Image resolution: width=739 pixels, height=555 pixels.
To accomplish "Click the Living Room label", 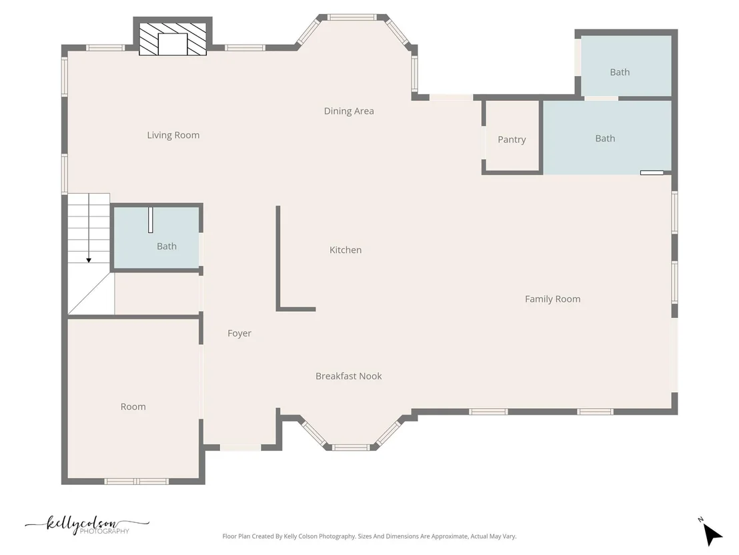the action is click(x=173, y=135).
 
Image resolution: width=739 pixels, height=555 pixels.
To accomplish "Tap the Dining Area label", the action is click(x=349, y=111).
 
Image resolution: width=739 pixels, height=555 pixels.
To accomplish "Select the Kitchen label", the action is click(x=345, y=250).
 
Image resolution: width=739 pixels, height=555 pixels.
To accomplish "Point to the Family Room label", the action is click(x=552, y=299).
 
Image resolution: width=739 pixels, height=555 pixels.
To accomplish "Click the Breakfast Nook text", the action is click(x=348, y=375).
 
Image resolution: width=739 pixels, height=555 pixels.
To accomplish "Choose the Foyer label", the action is click(x=239, y=333).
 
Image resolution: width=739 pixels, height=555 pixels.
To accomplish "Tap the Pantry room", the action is click(x=512, y=136).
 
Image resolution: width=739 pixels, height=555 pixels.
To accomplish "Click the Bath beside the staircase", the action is click(x=157, y=238).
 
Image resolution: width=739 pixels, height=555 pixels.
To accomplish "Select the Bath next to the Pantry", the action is click(x=607, y=138).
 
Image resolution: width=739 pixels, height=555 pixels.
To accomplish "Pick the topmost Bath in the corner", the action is click(x=626, y=66).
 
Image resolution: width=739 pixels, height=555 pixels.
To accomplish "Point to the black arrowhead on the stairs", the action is click(x=89, y=260).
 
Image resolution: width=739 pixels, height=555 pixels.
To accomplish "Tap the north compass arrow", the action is click(x=712, y=534).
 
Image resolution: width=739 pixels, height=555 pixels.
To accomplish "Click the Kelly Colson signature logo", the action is click(x=87, y=525).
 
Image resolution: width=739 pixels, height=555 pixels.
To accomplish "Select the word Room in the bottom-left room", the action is click(x=133, y=406).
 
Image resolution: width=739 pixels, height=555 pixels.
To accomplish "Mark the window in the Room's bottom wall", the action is click(x=136, y=482).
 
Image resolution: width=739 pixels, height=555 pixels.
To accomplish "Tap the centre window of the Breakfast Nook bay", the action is click(x=351, y=447).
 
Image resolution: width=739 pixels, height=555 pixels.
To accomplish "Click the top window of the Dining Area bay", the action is click(x=352, y=17).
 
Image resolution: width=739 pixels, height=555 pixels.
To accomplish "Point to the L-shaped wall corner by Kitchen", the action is click(x=278, y=309).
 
